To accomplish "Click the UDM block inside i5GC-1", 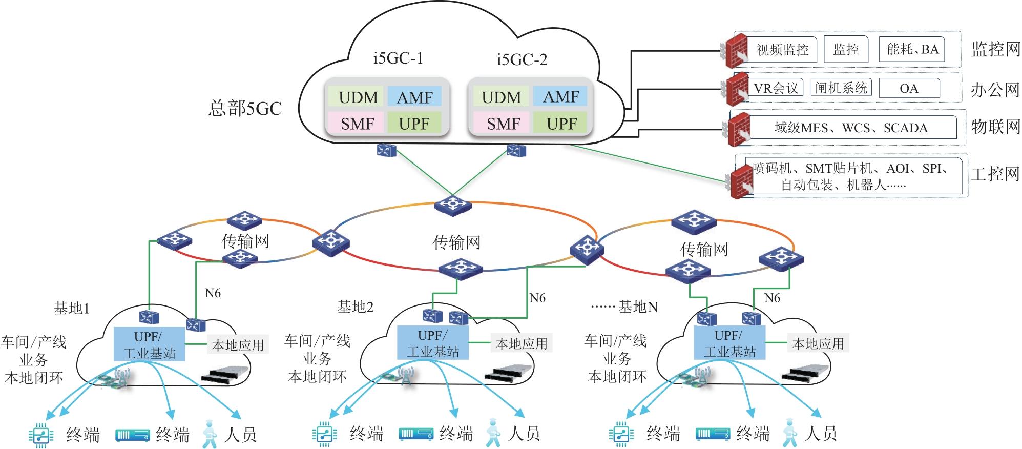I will pos(358,97).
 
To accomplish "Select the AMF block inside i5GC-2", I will pos(560,97).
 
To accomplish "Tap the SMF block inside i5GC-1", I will pos(357,124).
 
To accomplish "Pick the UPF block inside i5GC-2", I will pos(561,124).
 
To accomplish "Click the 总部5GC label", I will pos(245,108).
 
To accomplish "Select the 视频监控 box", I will pos(782,50).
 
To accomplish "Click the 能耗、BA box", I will pos(912,49).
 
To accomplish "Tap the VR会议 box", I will pos(776,88).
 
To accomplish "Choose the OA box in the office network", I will pos(909,88).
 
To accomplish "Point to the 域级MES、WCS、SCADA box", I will pos(851,128).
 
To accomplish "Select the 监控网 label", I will pos(995,49).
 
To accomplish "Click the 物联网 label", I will pos(995,127).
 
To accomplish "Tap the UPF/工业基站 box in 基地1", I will pos(149,344).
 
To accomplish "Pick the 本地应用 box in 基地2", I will pos(521,343).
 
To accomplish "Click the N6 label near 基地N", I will pos(771,298).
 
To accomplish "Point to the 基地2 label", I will pos(355,307).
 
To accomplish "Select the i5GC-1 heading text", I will pos(398,58).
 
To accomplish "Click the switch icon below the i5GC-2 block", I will pos(516,150).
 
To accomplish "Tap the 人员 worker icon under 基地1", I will pos(210,434).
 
